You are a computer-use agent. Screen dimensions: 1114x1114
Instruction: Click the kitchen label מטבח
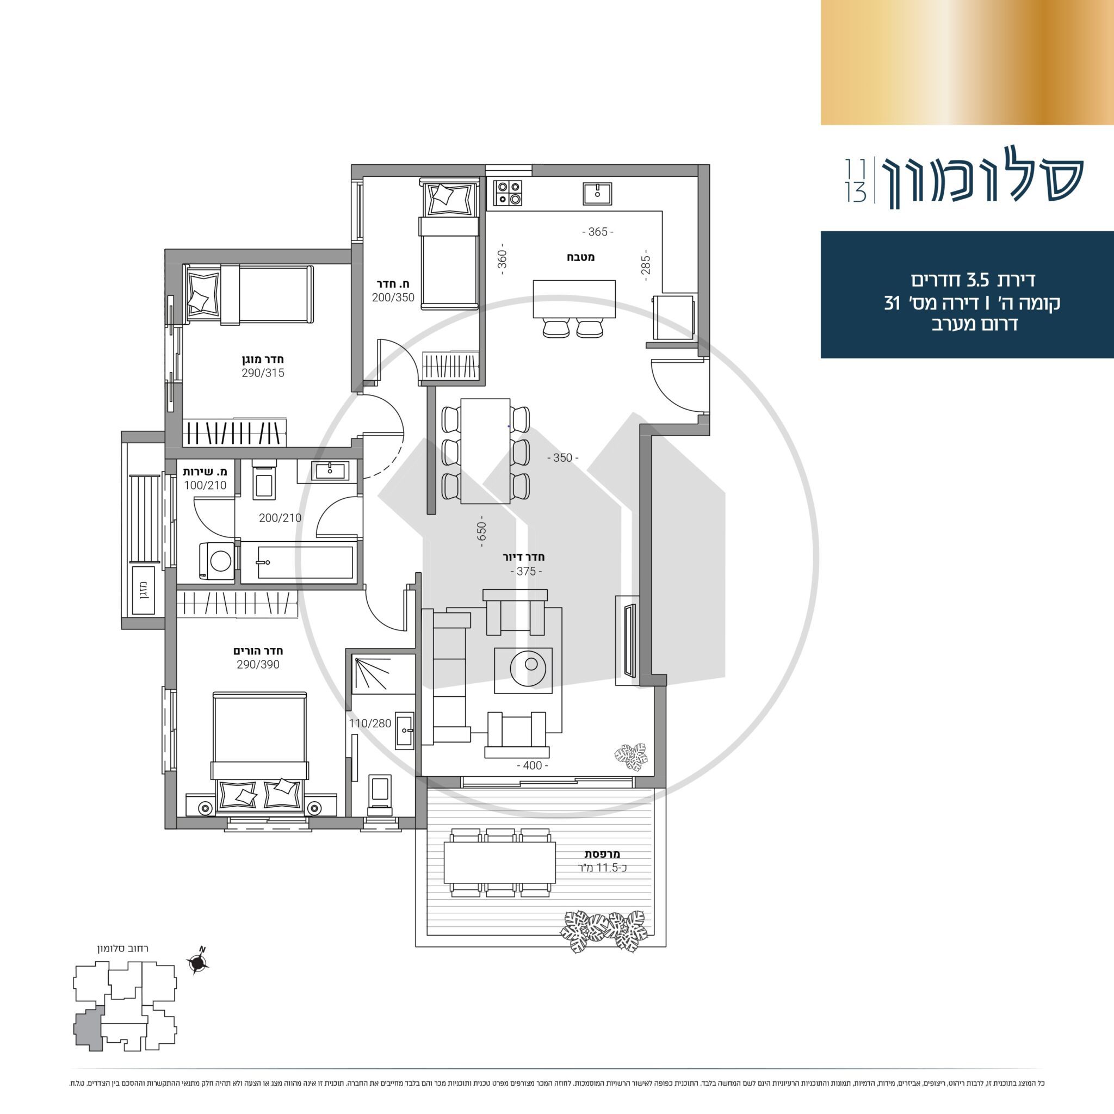click(580, 257)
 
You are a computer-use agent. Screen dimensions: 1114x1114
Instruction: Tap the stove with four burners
click(508, 193)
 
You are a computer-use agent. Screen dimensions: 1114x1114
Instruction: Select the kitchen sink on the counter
click(597, 193)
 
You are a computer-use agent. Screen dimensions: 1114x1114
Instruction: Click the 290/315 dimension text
click(263, 373)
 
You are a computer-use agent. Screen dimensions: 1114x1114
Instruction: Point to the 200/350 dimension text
click(393, 298)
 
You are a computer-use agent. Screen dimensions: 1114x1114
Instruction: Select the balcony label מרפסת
click(602, 854)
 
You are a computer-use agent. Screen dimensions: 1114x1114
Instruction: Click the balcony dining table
click(500, 863)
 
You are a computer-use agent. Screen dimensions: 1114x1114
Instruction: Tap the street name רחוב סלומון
click(123, 949)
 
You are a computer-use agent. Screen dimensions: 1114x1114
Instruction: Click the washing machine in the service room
click(216, 560)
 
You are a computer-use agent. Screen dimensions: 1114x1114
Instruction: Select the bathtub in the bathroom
click(298, 562)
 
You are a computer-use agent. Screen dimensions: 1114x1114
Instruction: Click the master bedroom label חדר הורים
click(258, 651)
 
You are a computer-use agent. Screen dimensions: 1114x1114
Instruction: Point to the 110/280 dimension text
click(370, 723)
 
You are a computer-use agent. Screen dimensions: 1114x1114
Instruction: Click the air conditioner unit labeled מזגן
click(142, 590)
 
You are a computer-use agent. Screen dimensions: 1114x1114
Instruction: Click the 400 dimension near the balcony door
click(532, 765)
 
